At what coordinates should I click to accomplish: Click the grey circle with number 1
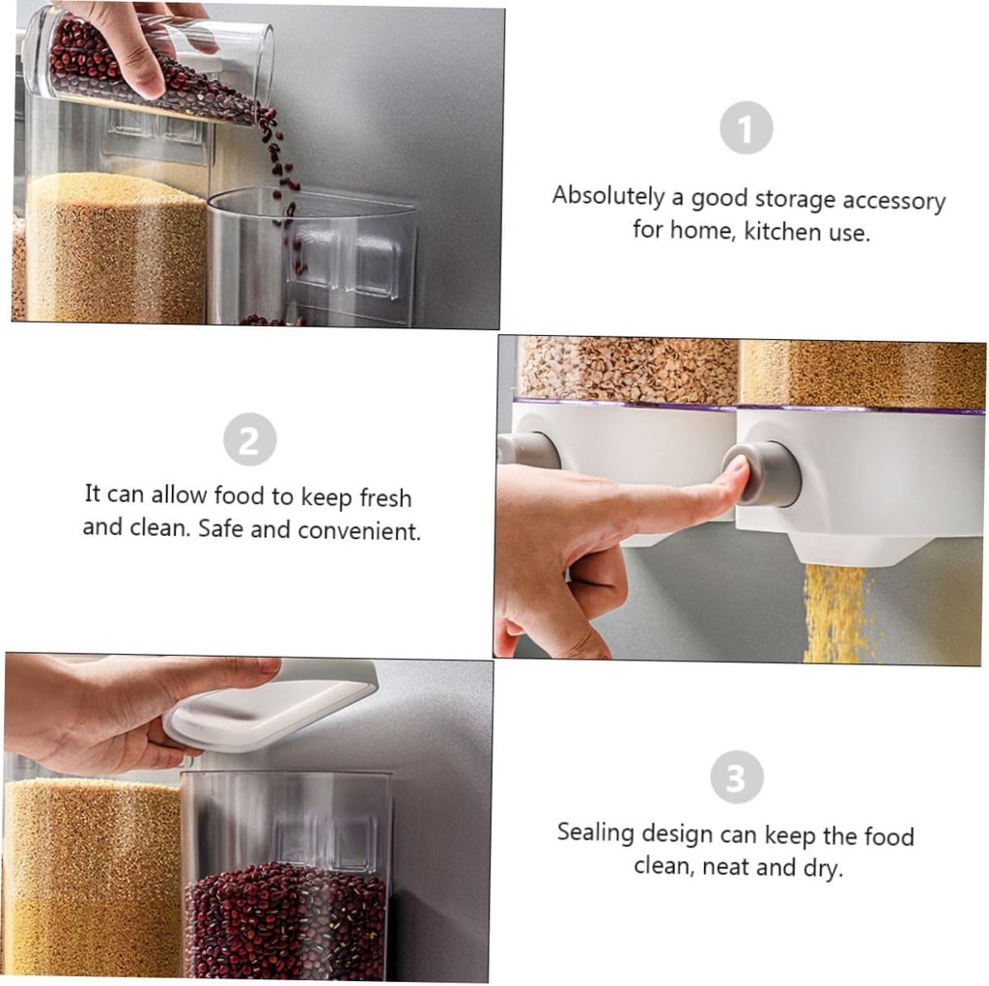click(746, 127)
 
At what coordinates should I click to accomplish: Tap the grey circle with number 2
click(249, 440)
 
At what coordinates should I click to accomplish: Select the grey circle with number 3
click(736, 777)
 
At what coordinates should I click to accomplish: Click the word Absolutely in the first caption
click(608, 197)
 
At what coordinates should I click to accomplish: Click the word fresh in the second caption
click(384, 497)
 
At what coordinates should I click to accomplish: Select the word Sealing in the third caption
click(596, 832)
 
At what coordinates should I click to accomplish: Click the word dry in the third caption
click(821, 866)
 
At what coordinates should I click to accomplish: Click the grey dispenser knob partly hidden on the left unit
click(526, 450)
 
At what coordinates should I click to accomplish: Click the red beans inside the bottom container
click(285, 922)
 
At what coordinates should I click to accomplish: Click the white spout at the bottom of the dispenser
click(847, 550)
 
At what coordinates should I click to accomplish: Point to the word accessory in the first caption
click(893, 201)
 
